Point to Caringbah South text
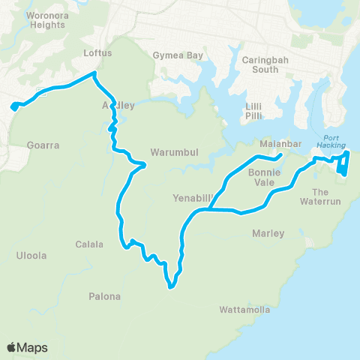pyautogui.click(x=260, y=64)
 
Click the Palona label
pyautogui.click(x=105, y=296)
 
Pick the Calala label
pyautogui.click(x=89, y=244)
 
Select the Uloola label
pyautogui.click(x=31, y=256)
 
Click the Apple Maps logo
pyautogui.click(x=27, y=347)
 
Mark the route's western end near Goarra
pyautogui.click(x=13, y=107)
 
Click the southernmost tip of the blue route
pyautogui.click(x=171, y=286)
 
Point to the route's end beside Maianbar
pyautogui.click(x=280, y=155)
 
